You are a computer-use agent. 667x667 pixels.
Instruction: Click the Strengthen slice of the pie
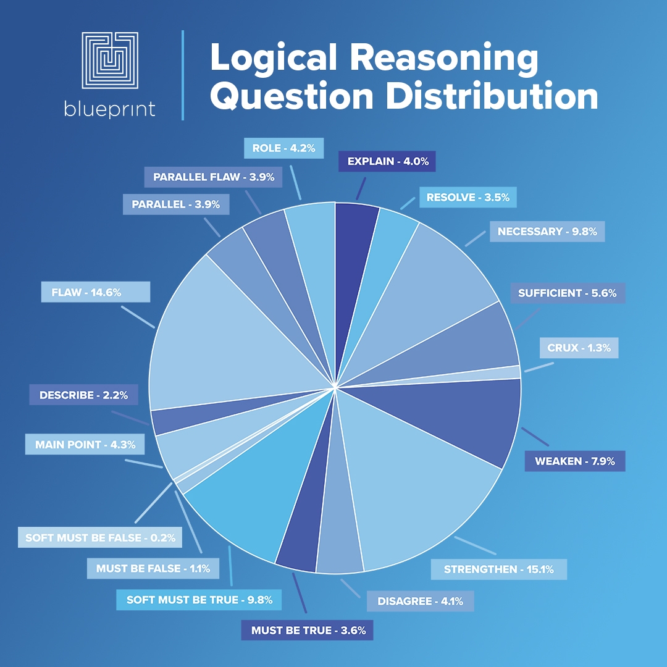(x=420, y=482)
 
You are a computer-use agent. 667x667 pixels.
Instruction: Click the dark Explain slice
(x=356, y=247)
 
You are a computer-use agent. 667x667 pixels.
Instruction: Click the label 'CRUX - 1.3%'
(x=579, y=348)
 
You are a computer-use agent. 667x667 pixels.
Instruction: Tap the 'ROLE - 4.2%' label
(x=283, y=148)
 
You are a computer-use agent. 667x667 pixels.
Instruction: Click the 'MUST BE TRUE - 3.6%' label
(x=308, y=631)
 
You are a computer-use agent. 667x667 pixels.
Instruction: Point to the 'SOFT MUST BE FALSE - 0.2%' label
(x=100, y=537)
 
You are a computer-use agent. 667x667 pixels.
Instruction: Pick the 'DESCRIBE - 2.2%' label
(x=83, y=395)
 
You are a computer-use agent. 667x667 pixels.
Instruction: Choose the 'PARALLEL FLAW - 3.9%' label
(x=214, y=177)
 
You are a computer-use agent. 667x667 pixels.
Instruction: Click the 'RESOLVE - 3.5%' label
(x=468, y=198)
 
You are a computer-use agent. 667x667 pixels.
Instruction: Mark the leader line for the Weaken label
(x=535, y=436)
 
